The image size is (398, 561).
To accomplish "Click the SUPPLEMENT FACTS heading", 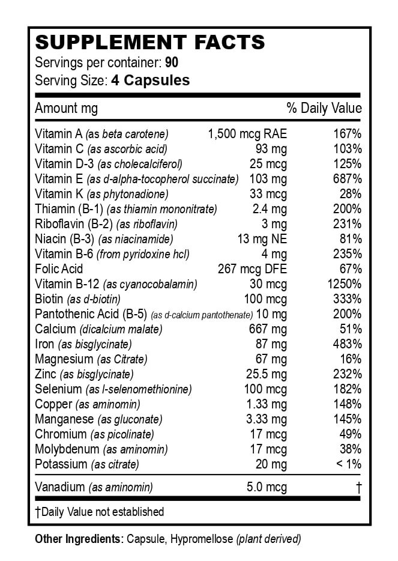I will point(150,43).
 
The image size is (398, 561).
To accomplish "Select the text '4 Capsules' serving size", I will point(150,80).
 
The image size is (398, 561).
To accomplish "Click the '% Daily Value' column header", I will point(324,108).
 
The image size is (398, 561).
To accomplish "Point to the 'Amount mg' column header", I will point(66,108).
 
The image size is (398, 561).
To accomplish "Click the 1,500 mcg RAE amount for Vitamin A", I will point(247,134).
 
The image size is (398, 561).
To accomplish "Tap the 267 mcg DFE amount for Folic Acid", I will point(252,269).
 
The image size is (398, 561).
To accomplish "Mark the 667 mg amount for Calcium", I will point(268,329).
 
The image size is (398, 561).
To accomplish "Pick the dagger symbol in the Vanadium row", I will point(358,487).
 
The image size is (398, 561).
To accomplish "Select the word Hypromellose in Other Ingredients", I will point(203,539).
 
